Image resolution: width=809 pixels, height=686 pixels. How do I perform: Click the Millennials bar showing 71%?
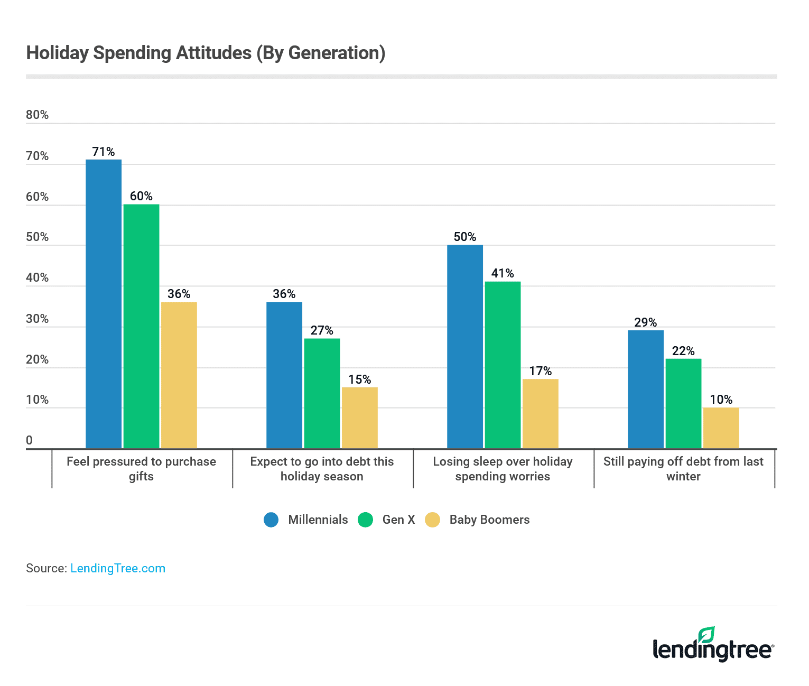click(104, 304)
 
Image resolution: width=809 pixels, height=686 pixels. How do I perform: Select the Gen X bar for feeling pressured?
click(141, 326)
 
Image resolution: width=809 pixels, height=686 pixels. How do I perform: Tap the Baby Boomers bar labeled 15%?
click(360, 418)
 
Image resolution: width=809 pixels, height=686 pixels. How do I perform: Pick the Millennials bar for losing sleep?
click(465, 347)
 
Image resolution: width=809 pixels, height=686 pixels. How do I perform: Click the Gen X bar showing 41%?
click(503, 365)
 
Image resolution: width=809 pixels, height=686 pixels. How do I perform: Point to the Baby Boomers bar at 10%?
click(721, 428)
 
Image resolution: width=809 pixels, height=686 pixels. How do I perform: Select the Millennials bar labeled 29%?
click(646, 390)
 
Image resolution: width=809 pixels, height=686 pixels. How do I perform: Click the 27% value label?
click(322, 331)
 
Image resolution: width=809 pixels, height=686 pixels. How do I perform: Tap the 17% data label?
click(541, 372)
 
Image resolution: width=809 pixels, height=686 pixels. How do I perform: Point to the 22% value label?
click(683, 351)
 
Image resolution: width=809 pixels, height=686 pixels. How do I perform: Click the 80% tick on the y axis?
click(37, 115)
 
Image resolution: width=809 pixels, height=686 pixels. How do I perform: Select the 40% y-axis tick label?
click(37, 278)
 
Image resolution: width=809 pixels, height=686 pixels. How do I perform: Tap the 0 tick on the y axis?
click(30, 441)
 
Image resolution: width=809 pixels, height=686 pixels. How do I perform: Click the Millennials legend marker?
click(271, 520)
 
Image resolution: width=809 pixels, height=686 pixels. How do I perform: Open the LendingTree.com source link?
click(118, 569)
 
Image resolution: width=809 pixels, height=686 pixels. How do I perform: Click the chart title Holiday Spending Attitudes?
click(206, 53)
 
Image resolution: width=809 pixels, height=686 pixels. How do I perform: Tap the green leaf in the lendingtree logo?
click(706, 634)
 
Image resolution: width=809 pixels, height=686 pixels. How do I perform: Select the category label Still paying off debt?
click(683, 469)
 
